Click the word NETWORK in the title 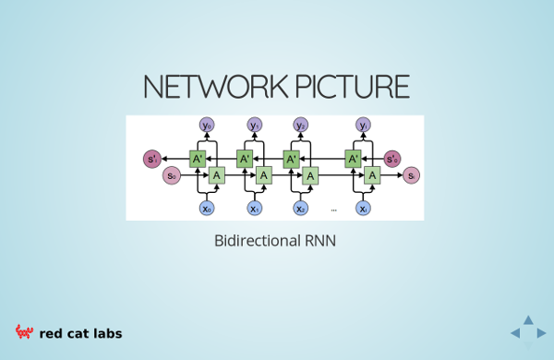point(215,86)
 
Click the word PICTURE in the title point(353,86)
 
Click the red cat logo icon point(24,332)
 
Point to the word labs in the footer point(108,333)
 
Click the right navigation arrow point(541,333)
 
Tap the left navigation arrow point(515,333)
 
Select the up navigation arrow point(528,319)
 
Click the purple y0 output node point(207,125)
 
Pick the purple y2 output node point(301,125)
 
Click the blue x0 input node point(207,208)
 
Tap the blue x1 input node point(255,208)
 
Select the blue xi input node point(363,208)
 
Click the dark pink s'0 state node point(392,159)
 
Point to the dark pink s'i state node point(152,159)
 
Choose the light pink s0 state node point(172,175)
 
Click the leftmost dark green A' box point(198,159)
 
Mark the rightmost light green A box point(372,175)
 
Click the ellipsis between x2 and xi point(334,210)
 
